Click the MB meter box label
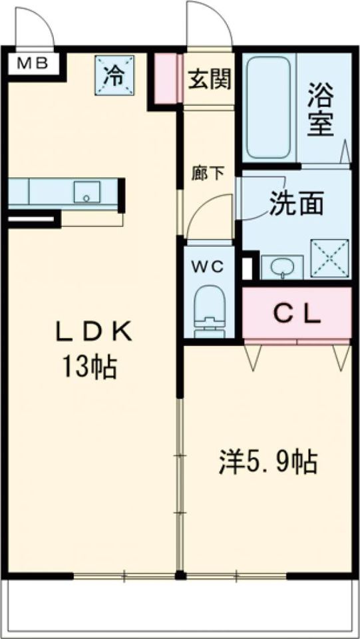(x=32, y=64)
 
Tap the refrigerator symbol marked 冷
(x=115, y=75)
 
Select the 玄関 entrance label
(x=210, y=79)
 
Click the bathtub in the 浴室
(x=270, y=108)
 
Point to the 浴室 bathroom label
(x=321, y=110)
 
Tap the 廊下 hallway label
(x=208, y=174)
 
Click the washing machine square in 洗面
(x=330, y=259)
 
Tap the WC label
(x=208, y=268)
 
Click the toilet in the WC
(x=210, y=311)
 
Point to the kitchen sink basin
(x=87, y=192)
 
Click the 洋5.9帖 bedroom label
(x=268, y=462)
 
